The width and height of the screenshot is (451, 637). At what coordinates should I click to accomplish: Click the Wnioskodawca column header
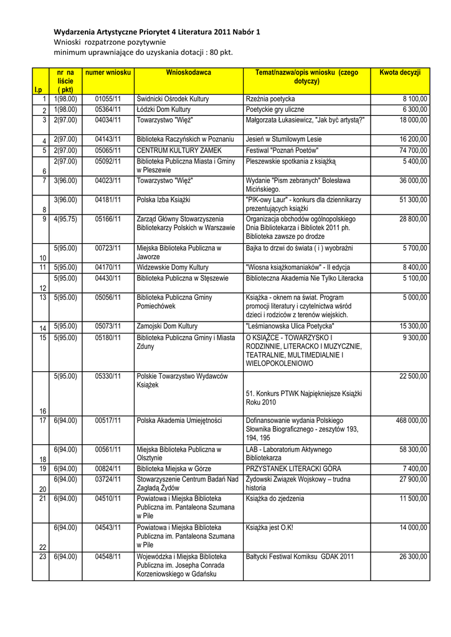[188, 73]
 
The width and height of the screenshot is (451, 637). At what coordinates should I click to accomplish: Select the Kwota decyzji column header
[400, 73]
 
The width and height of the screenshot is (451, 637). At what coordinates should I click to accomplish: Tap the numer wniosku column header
[108, 73]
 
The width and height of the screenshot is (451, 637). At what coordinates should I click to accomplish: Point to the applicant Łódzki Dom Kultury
[164, 109]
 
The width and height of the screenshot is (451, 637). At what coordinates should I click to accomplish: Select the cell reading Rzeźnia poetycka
[270, 99]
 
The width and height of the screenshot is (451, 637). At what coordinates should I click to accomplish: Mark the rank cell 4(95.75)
[65, 219]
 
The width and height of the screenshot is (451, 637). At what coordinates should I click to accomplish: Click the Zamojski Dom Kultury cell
[167, 326]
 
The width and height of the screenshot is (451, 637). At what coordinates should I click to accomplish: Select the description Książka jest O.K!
[269, 528]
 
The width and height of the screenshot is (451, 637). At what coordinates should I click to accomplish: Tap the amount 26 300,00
[413, 557]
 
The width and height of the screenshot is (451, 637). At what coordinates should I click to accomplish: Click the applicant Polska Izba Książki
[163, 200]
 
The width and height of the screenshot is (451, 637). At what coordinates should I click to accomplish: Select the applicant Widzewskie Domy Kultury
[173, 267]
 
